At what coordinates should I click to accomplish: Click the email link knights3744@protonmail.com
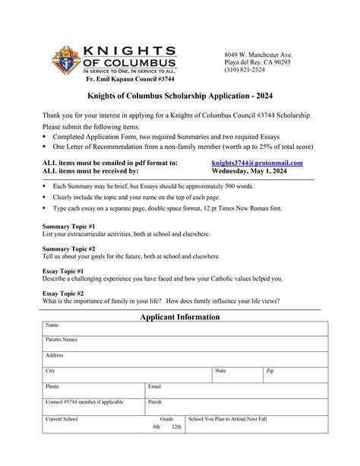tap(257, 163)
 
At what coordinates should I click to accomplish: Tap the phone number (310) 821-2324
tap(245, 70)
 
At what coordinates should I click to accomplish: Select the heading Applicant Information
tap(180, 316)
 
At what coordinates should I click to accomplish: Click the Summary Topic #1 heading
tap(69, 227)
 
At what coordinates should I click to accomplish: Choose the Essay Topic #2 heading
tap(63, 293)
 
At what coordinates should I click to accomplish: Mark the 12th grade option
tap(176, 427)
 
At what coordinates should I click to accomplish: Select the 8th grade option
tap(156, 427)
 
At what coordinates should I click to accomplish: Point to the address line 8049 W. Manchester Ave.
tap(257, 55)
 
